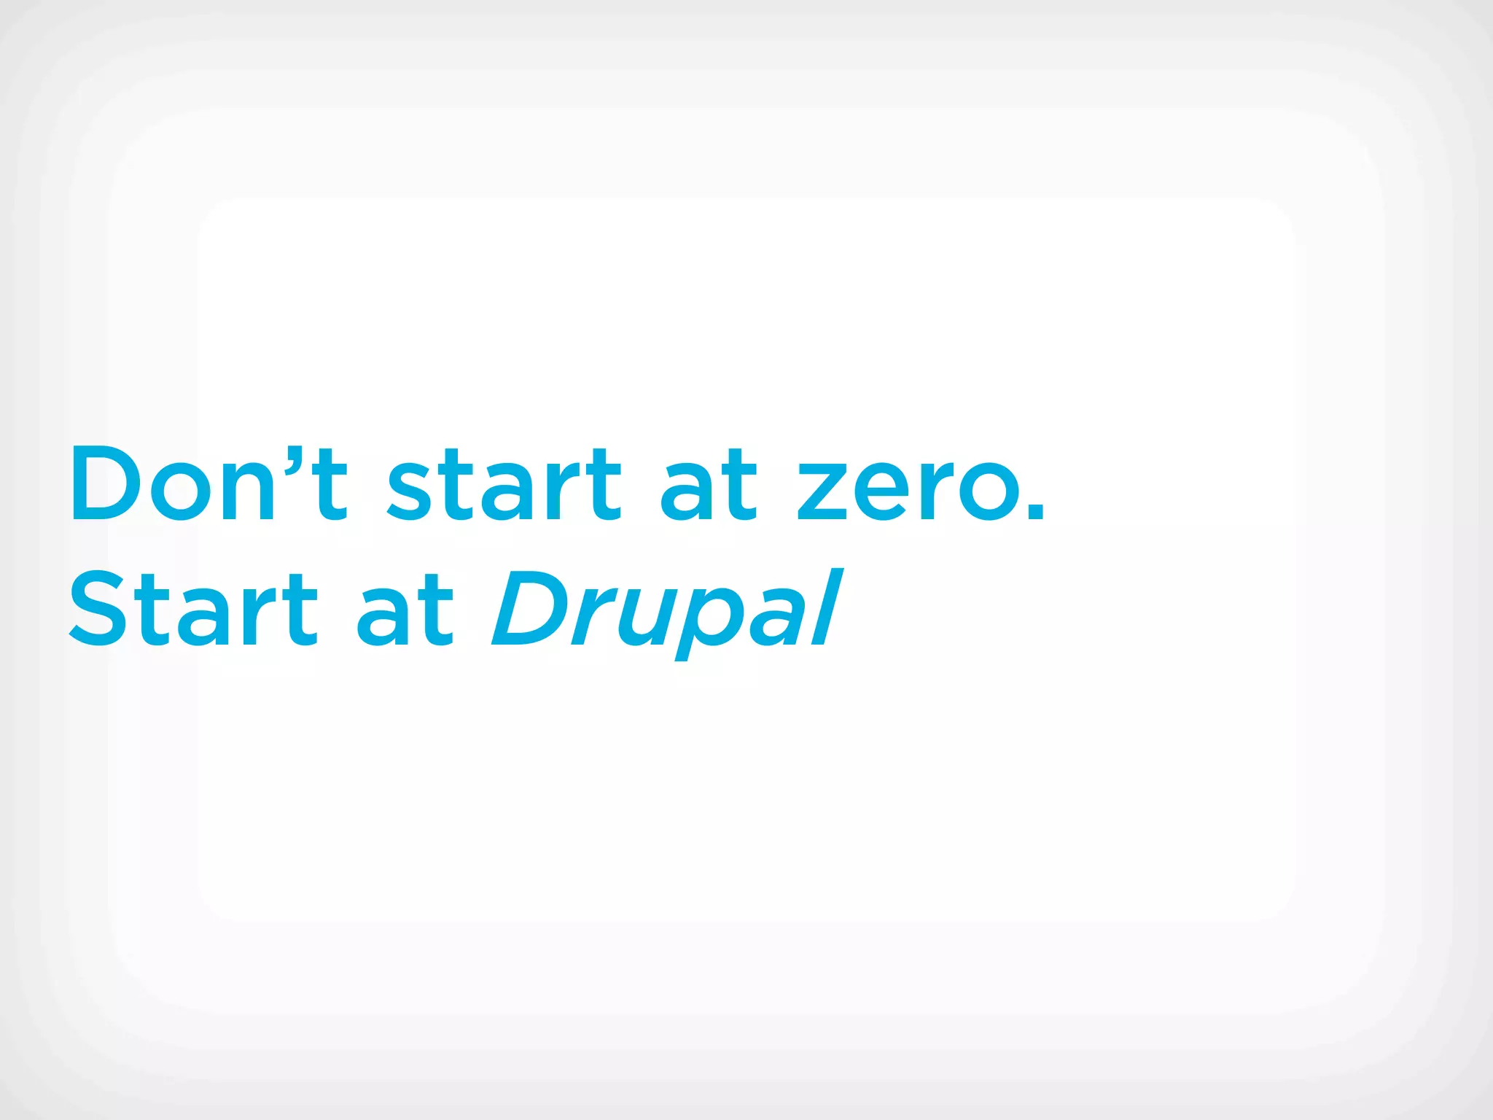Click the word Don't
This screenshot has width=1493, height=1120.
click(x=208, y=483)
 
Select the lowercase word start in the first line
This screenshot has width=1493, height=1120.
click(x=504, y=484)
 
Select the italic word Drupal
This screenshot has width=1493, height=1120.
click(x=667, y=610)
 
